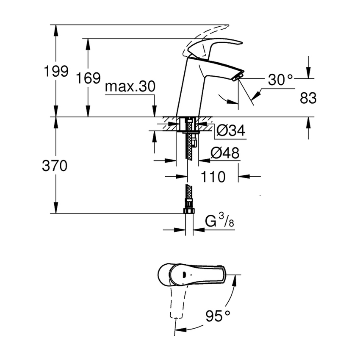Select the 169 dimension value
tap(88, 78)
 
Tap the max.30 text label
tap(130, 87)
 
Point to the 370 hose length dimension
tap(55, 166)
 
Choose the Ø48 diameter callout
tap(225, 154)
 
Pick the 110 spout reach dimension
tap(213, 177)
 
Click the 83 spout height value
tap(308, 98)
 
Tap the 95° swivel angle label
tap(218, 316)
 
